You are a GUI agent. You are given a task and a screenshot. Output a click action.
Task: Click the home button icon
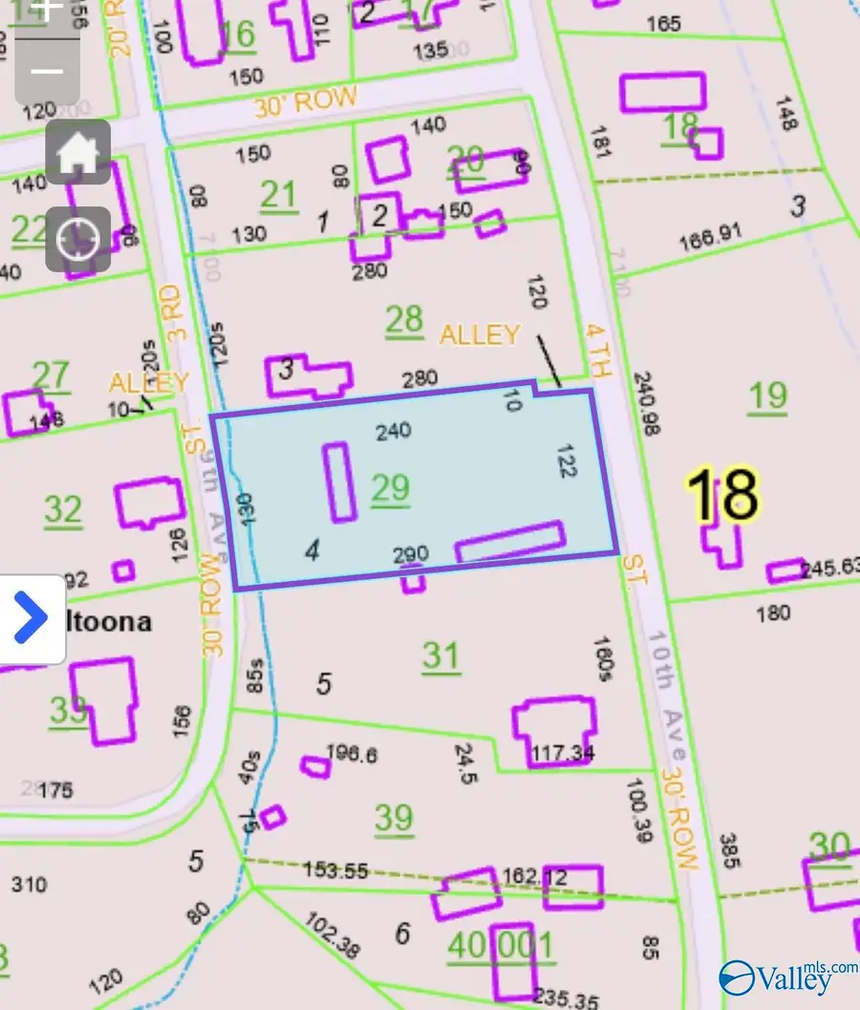(x=77, y=153)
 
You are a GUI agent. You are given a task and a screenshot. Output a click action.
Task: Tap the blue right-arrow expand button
(x=32, y=618)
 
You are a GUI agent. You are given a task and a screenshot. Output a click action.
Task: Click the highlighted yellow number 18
(x=722, y=495)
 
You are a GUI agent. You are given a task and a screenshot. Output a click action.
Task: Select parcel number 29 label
(x=390, y=488)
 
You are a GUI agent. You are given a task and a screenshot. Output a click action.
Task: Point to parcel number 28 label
(x=404, y=321)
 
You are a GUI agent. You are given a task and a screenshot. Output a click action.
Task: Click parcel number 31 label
(x=441, y=656)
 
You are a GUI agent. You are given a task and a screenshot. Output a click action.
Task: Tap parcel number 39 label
(x=394, y=818)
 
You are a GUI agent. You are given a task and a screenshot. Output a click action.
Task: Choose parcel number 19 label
(x=767, y=395)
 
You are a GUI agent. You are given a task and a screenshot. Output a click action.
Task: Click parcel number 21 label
(x=278, y=195)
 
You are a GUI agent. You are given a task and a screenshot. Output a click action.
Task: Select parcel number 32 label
(x=63, y=510)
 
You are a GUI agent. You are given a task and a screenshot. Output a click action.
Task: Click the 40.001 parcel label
(x=500, y=946)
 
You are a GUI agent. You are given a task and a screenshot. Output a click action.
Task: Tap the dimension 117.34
(x=562, y=754)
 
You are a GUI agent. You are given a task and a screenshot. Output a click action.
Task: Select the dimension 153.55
(x=335, y=870)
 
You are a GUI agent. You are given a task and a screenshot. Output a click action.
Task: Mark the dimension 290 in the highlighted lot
(x=411, y=554)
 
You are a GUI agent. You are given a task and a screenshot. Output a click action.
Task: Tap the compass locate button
(x=77, y=237)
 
